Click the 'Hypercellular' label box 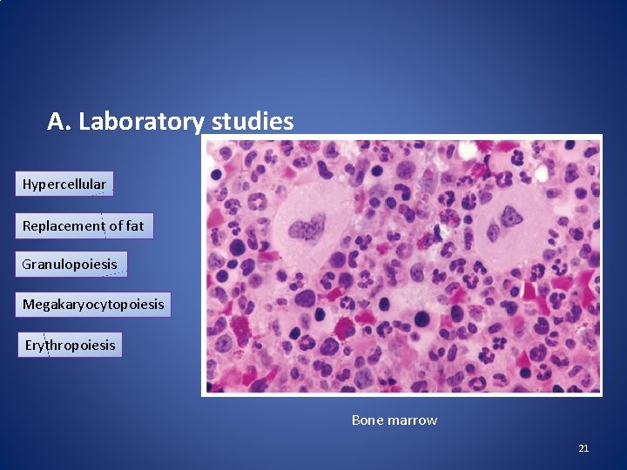coord(64,185)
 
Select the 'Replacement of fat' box coord(84,226)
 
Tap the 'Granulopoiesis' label coord(71,265)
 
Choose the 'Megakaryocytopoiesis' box coord(93,305)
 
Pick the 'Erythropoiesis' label coord(70,346)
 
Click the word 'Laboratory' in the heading coord(140,122)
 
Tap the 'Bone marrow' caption coord(394,420)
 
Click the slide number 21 coord(583,448)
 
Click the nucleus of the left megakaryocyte coord(305,232)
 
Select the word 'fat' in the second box coord(135,226)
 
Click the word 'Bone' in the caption coord(366,420)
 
